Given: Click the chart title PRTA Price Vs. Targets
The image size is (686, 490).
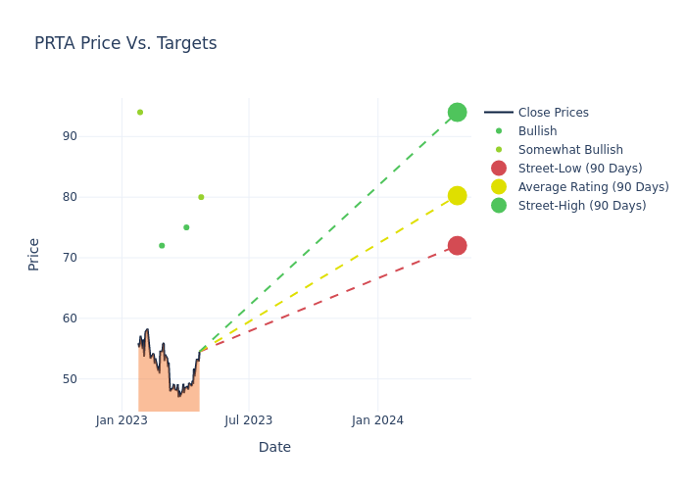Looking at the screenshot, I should (x=125, y=43).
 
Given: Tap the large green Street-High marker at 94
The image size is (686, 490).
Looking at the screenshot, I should (x=457, y=113).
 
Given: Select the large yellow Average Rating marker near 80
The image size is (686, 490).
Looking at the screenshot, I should (x=457, y=196).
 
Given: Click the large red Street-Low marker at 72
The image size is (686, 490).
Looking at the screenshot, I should (x=457, y=245).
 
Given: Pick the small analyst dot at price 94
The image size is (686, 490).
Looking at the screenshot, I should (x=140, y=113).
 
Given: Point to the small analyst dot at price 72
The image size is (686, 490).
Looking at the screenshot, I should (x=162, y=246).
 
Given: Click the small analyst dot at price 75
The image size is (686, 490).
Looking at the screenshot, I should (x=186, y=227).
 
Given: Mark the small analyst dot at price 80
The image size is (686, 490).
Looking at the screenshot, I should (x=201, y=197).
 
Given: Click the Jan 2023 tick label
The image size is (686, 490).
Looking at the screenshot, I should (x=122, y=420).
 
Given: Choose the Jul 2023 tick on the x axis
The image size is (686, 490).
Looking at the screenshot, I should (x=248, y=420).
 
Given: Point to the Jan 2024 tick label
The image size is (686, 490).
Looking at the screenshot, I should (x=378, y=420).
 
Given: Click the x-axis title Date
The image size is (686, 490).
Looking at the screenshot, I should (x=274, y=447).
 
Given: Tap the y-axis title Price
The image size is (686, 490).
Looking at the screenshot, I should (x=34, y=254).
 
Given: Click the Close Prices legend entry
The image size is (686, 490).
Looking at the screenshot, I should (x=553, y=113).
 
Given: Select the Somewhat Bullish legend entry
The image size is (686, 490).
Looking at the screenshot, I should (x=570, y=150).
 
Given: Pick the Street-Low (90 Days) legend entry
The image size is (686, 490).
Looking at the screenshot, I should (x=580, y=169).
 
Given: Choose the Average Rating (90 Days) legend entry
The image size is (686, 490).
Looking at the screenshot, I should (x=593, y=187).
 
